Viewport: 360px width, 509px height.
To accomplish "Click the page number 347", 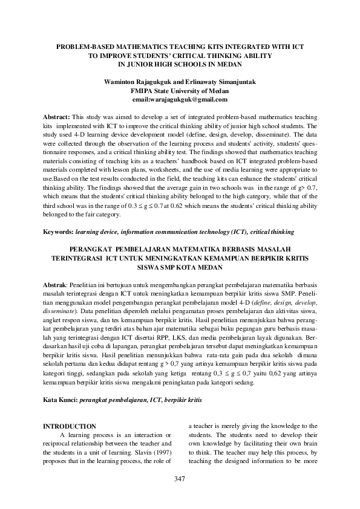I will point(179,479).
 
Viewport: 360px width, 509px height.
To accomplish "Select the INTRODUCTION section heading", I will point(70,426).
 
